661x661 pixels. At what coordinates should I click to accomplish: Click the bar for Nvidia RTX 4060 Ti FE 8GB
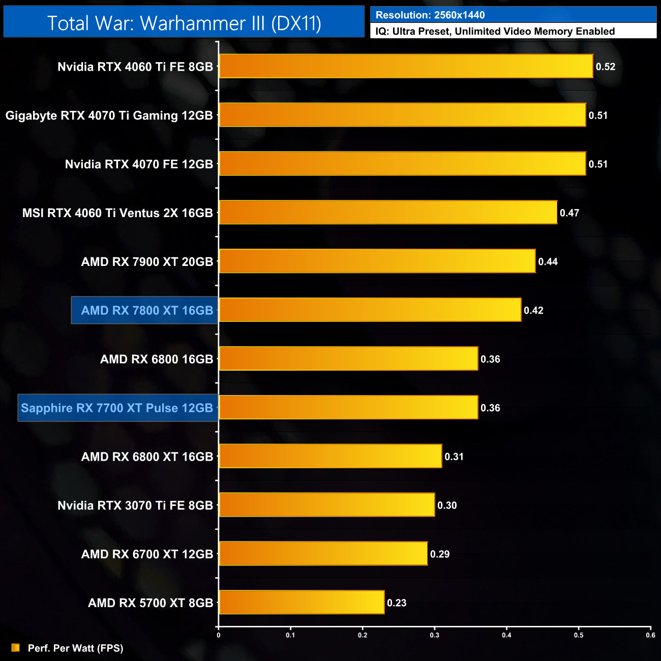406,66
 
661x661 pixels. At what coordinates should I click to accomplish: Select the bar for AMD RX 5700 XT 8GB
302,603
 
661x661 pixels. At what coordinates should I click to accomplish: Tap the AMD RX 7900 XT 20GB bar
377,261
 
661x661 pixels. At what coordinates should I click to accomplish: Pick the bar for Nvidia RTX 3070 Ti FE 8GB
326,505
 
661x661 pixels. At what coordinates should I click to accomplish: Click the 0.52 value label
606,67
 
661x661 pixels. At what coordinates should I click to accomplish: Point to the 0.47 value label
569,213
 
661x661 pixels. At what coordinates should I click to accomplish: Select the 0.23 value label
397,603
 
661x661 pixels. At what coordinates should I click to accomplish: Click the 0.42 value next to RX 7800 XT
533,311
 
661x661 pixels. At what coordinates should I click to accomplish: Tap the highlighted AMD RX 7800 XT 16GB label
147,311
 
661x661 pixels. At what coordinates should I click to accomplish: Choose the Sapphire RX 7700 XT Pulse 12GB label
117,408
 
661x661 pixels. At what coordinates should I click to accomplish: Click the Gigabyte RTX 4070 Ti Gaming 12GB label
109,115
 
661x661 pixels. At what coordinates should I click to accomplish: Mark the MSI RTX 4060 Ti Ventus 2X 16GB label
117,213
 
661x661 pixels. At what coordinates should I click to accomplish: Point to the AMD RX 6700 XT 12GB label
147,554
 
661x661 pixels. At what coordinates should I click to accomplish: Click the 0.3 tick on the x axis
435,635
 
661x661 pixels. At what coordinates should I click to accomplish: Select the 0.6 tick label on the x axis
650,635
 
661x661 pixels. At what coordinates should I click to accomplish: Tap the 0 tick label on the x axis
219,635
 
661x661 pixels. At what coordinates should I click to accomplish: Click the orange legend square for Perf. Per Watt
16,648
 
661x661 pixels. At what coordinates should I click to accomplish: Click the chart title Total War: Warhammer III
184,23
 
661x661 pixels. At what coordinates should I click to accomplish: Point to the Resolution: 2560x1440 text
430,15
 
